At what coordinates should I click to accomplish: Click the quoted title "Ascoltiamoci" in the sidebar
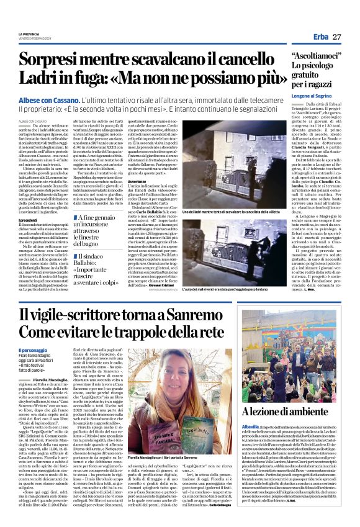(316, 56)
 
